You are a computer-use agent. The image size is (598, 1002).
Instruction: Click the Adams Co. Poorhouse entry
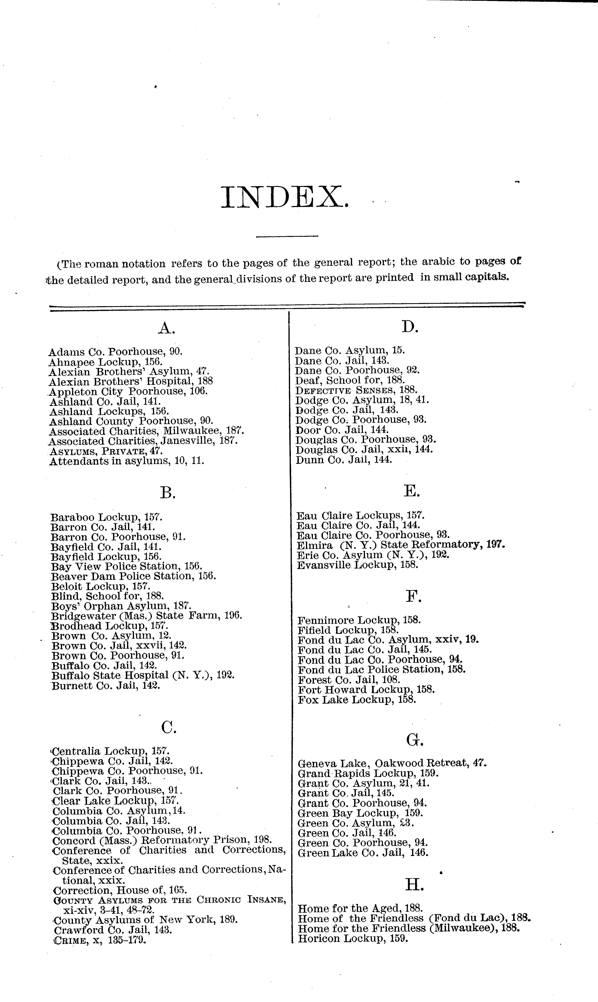115,351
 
